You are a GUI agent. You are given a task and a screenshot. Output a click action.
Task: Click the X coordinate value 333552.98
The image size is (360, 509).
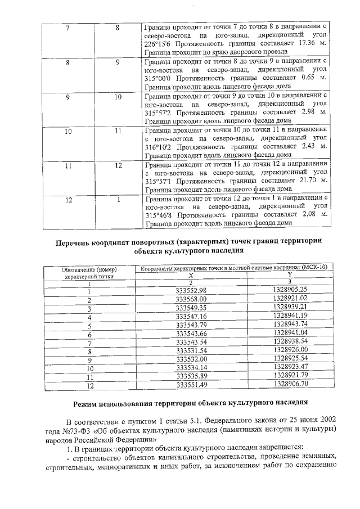(191, 290)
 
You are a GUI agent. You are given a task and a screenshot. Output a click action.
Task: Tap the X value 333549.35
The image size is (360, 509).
(191, 308)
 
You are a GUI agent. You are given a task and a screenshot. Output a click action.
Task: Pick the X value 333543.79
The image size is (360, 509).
(191, 325)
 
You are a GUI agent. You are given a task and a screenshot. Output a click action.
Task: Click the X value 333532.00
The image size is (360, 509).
(191, 359)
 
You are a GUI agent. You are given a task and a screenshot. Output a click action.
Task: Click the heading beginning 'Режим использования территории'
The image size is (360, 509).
(191, 403)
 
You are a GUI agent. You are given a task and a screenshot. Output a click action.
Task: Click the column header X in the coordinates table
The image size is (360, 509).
(191, 275)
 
